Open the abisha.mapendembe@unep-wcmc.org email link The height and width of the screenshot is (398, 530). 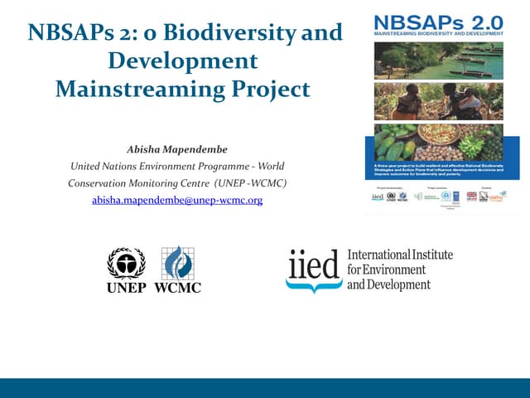[x=177, y=200]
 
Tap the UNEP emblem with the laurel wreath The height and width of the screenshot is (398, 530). [x=126, y=264]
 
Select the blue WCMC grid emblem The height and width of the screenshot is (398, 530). [x=177, y=262]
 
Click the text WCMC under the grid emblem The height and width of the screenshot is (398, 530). [x=177, y=288]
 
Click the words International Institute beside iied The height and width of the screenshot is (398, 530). [x=400, y=255]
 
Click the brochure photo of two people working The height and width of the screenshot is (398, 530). [x=438, y=101]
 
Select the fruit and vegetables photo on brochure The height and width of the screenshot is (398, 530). [x=438, y=142]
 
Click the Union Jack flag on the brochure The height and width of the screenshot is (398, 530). [x=471, y=197]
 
